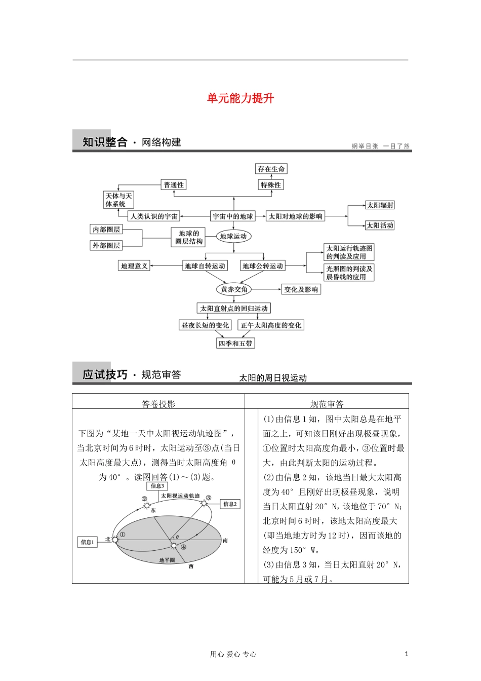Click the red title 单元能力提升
coord(240,98)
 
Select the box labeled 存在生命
coord(271,169)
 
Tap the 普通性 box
coord(174,185)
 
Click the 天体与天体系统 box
coord(118,200)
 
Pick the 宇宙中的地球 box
coord(232,216)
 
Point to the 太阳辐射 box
coord(380,205)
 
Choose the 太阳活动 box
coord(380,225)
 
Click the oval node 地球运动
coord(233,237)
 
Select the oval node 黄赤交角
coord(234,289)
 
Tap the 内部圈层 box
coord(106,230)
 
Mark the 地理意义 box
coord(134,266)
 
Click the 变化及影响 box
coord(301,289)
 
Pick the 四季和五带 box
coord(235,344)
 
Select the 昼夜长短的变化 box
coord(205,325)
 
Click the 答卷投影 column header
coord(158,404)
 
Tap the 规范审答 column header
coord(327,404)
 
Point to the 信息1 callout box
coord(87,542)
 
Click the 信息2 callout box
coord(230,504)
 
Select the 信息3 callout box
coord(157,486)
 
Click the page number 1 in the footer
coord(406,654)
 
